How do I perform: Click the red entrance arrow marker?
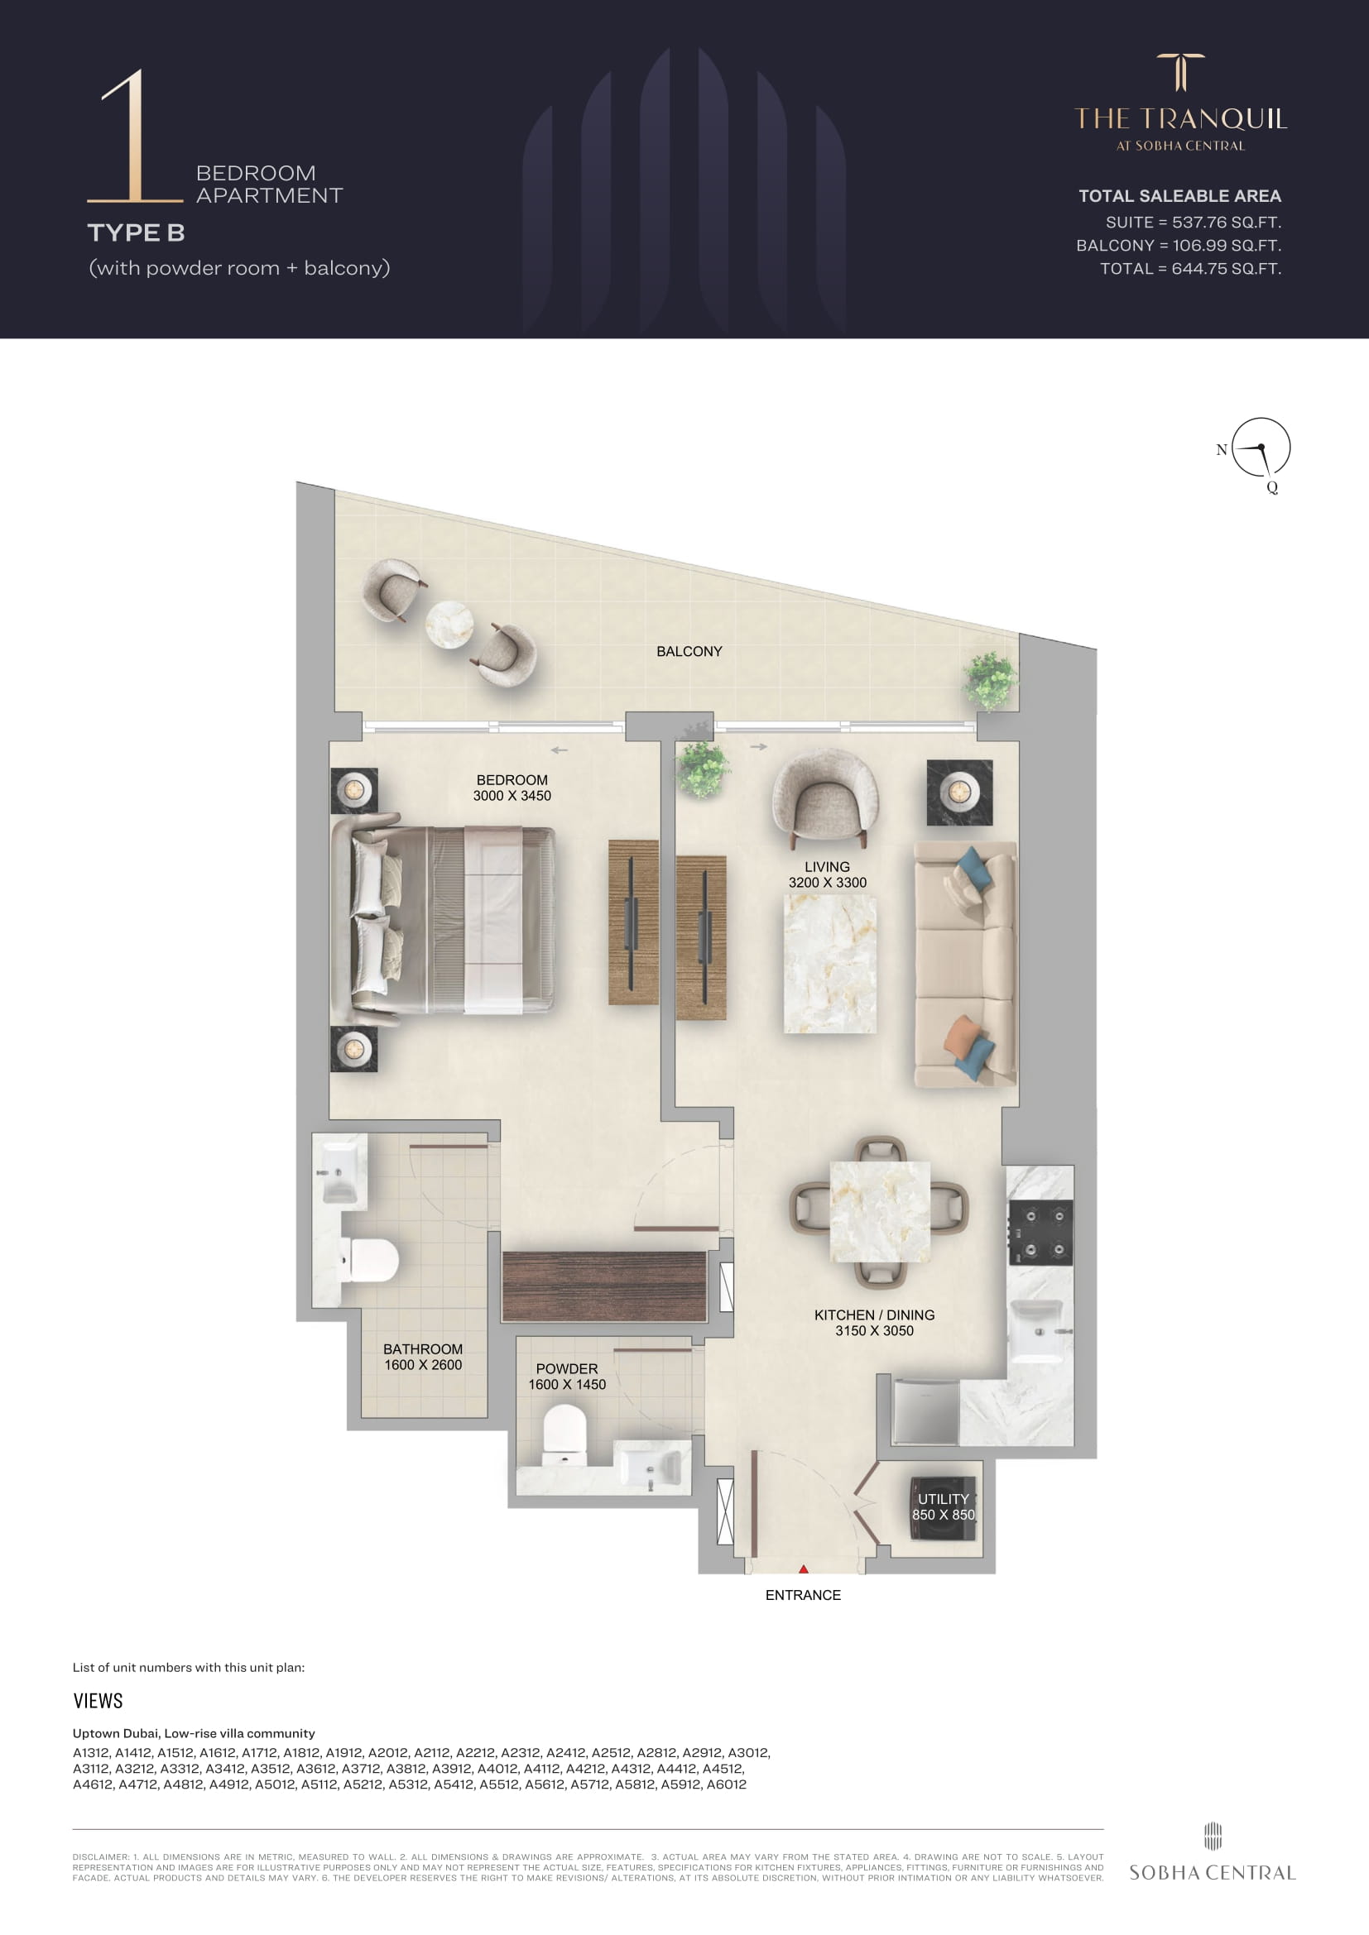804,1569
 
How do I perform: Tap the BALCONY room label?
689,651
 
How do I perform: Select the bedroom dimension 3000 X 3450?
512,796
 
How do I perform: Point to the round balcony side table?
449,625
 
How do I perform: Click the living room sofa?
966,964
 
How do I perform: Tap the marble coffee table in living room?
829,964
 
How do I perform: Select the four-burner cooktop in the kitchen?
1041,1233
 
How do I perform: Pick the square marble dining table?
880,1212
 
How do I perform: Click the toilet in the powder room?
564,1436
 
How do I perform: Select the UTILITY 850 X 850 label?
944,1506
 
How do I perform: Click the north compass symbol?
1261,448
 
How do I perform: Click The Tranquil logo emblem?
1180,73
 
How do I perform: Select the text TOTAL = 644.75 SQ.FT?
1190,269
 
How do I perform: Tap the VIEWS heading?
98,1701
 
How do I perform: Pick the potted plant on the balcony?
990,680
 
